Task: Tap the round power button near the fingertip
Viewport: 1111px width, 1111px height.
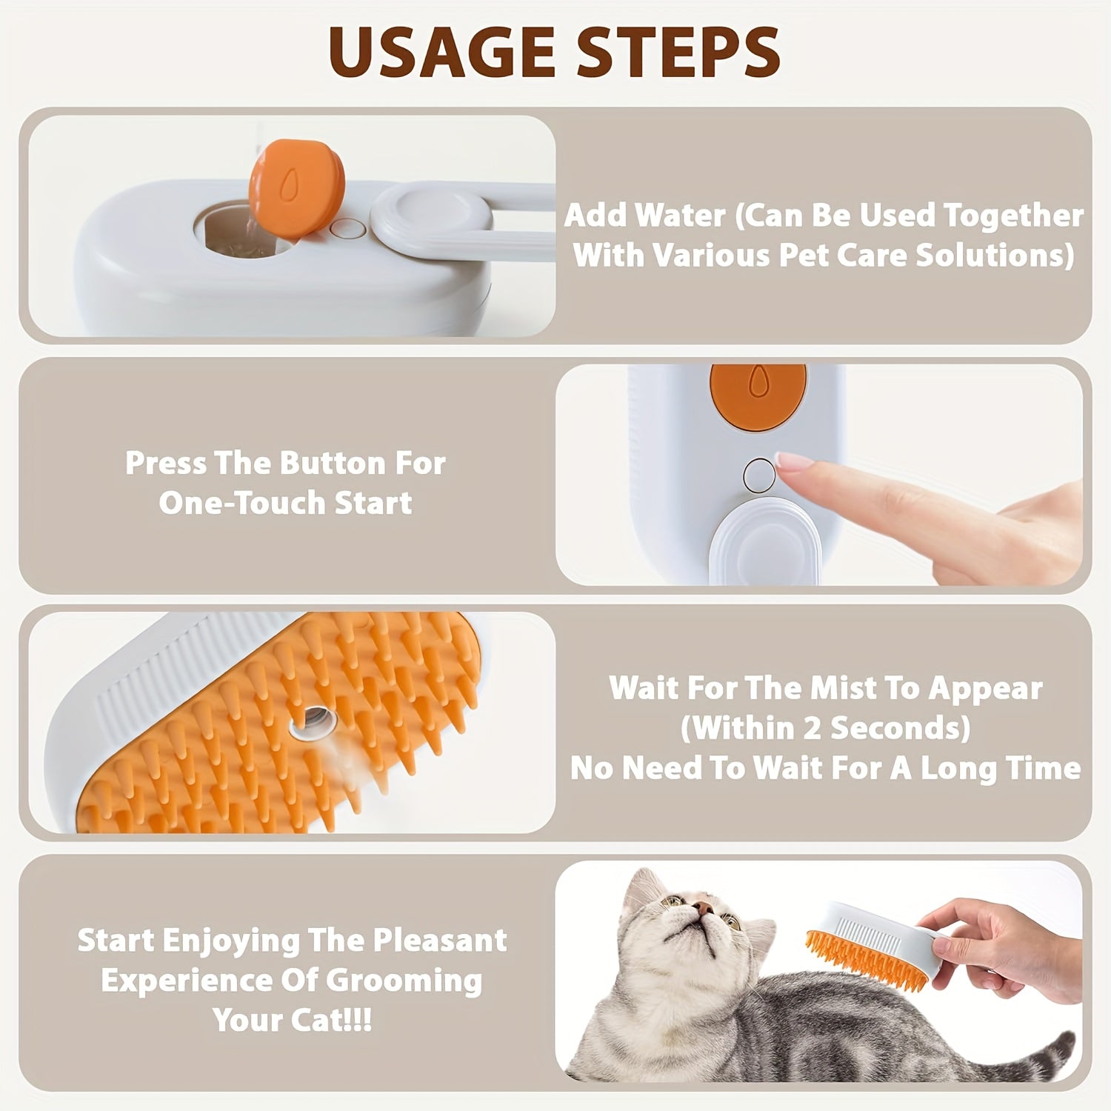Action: [x=758, y=475]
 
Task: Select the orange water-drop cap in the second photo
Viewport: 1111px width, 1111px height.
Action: [x=757, y=395]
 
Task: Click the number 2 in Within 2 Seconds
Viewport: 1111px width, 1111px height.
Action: [x=812, y=729]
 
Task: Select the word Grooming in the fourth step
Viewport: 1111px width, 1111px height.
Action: [x=404, y=981]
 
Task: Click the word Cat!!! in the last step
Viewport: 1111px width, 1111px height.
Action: [x=330, y=1021]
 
